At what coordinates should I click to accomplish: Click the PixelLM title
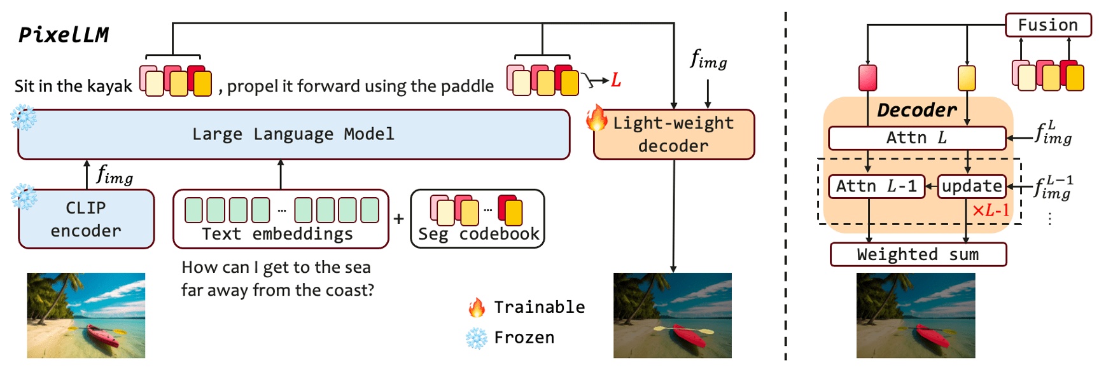click(x=64, y=34)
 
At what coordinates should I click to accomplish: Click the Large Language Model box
click(x=293, y=134)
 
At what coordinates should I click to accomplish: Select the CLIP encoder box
click(x=86, y=219)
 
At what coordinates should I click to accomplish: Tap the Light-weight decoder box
click(x=673, y=134)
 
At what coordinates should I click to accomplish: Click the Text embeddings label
click(x=277, y=234)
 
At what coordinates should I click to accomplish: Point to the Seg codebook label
click(x=479, y=234)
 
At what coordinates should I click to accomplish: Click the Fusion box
click(x=1047, y=25)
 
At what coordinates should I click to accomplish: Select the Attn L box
click(x=916, y=137)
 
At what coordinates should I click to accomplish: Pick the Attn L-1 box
click(x=876, y=186)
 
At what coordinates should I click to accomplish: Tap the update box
click(x=972, y=186)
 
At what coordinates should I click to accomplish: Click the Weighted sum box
click(x=918, y=254)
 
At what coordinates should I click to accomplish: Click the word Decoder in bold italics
click(x=916, y=110)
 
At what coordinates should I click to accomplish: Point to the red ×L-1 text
click(x=990, y=210)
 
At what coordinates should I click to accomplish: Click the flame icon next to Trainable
click(x=476, y=308)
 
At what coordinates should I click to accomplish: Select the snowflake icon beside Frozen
click(x=476, y=338)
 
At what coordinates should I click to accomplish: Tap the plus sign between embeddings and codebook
click(x=398, y=219)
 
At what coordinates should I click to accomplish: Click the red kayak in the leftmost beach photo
click(x=101, y=334)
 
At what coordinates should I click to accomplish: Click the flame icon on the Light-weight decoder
click(x=596, y=118)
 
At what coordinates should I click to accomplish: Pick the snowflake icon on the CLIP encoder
click(x=24, y=197)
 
